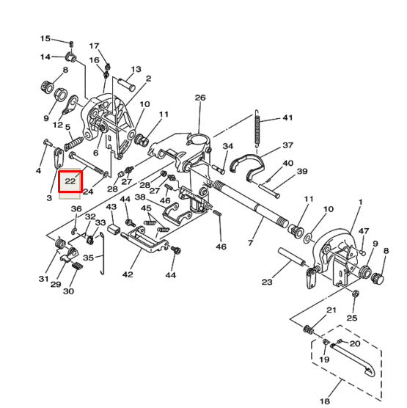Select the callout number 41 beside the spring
tap(287, 118)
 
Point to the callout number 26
tap(200, 98)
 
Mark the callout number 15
tap(45, 38)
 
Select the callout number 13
tap(136, 70)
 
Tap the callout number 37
tap(287, 145)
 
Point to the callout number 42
tap(128, 274)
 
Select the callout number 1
tap(360, 202)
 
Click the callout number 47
tap(364, 231)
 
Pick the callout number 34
tap(227, 146)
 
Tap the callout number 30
tap(68, 291)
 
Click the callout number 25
tap(352, 317)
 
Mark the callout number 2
tap(148, 79)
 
